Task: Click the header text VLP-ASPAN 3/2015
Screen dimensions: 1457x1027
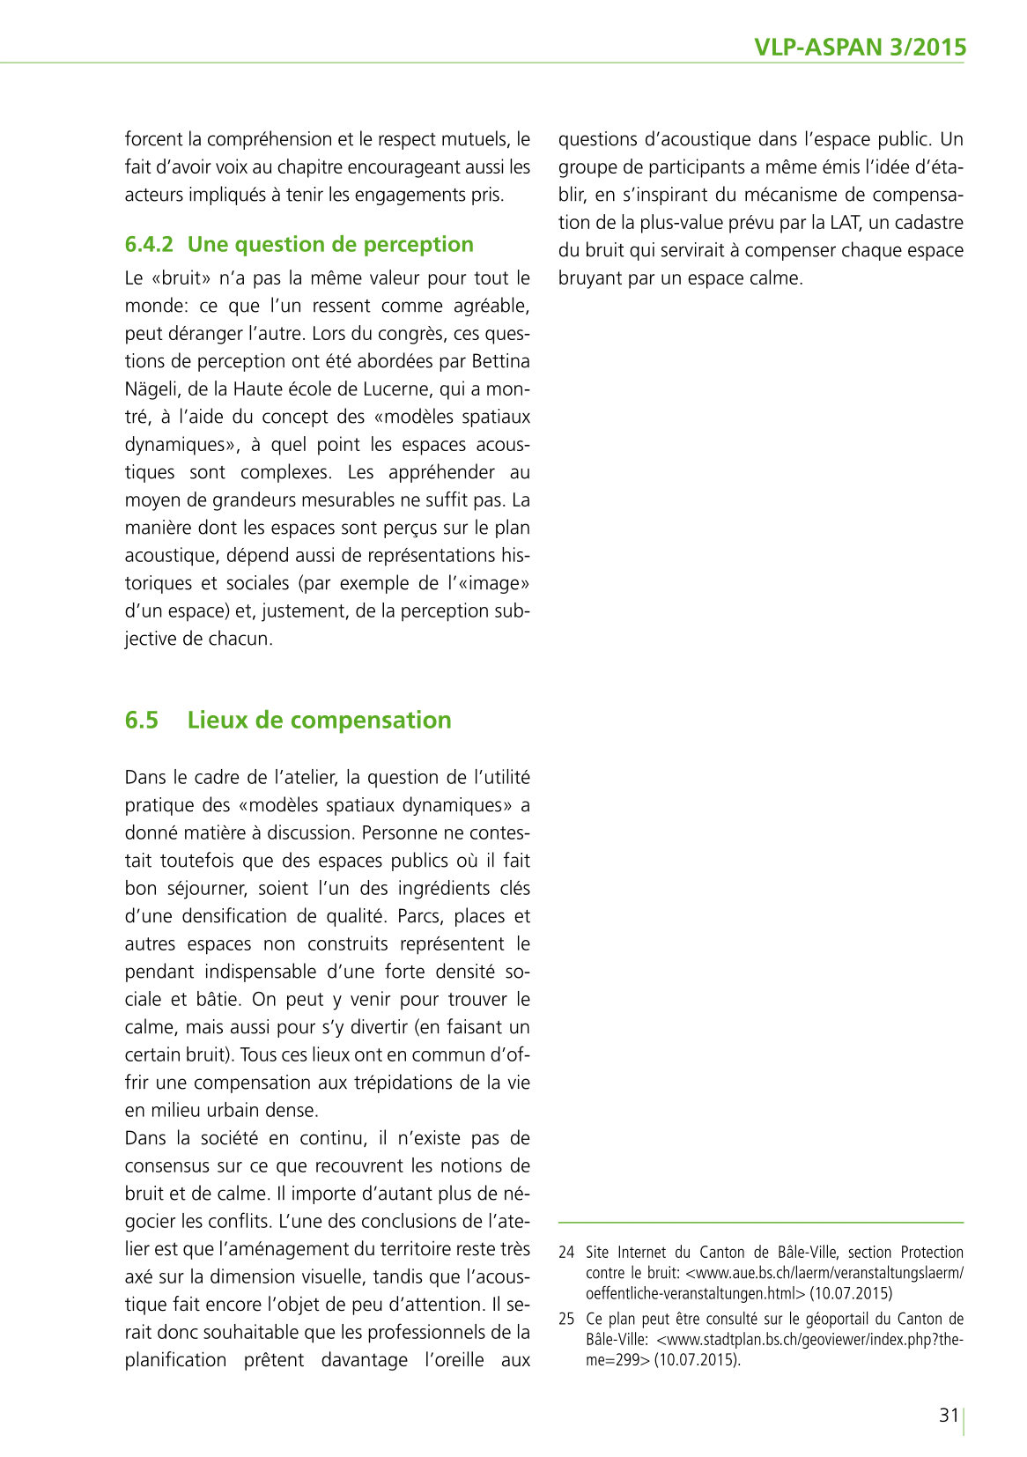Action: (860, 47)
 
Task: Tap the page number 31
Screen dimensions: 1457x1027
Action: (949, 1415)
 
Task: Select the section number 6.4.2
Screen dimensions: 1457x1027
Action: (149, 244)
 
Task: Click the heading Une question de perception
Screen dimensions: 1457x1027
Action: (330, 244)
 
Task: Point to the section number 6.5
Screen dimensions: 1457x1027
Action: (142, 720)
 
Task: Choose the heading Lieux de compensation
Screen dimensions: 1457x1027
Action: (319, 720)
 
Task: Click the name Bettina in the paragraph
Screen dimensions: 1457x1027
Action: (500, 361)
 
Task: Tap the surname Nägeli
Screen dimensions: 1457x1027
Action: (151, 388)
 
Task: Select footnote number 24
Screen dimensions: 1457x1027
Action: (566, 1252)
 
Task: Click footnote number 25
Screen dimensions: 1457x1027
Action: (566, 1319)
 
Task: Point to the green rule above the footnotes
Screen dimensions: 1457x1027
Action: (761, 1223)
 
